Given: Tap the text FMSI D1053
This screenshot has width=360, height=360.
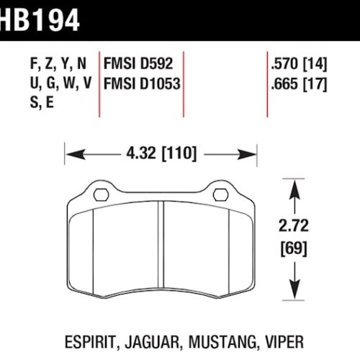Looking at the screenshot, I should point(141,84).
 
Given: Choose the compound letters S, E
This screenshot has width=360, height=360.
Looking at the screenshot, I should point(42,103).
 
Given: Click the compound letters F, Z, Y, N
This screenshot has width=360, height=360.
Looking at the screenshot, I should point(62,63).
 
